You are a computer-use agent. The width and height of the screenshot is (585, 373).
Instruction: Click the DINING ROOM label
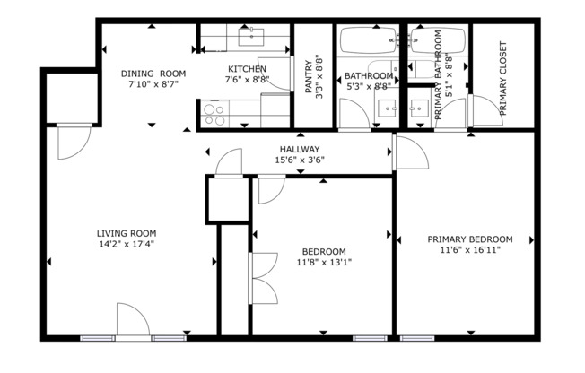(153, 73)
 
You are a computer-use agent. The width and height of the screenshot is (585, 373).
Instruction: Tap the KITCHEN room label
(246, 69)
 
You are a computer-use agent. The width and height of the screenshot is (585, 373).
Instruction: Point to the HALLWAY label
(299, 150)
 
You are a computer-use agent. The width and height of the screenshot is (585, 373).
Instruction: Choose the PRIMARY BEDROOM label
(469, 239)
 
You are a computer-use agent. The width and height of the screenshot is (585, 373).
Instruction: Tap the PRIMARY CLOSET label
(503, 79)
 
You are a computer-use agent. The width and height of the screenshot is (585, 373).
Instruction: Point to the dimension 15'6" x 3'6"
(299, 160)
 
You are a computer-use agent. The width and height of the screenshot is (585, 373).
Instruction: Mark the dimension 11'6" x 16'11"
(469, 250)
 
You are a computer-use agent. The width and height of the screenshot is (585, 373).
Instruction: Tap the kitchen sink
(250, 37)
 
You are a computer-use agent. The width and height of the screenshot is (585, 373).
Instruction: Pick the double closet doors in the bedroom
(261, 281)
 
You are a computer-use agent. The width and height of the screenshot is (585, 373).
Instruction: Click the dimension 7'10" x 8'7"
(153, 84)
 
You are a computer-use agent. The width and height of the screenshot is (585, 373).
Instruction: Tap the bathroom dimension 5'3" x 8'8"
(369, 87)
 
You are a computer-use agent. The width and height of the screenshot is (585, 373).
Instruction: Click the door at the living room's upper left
(70, 141)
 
